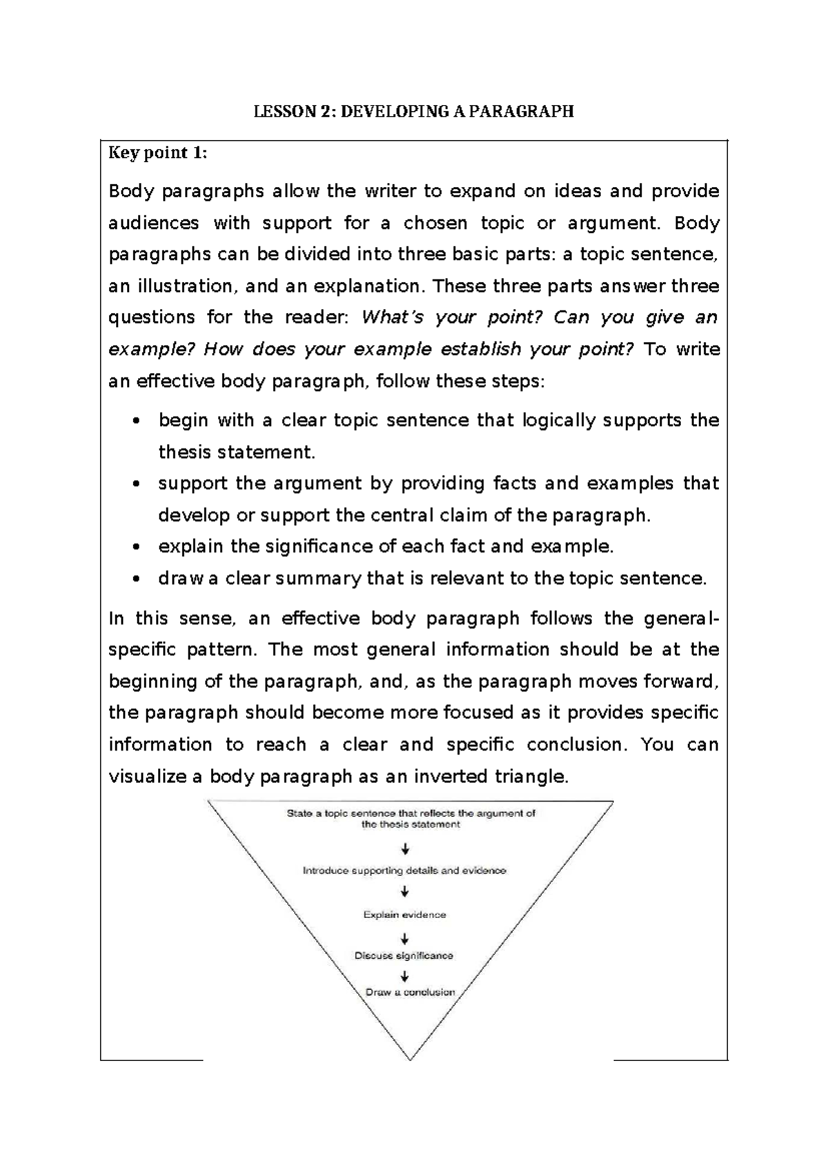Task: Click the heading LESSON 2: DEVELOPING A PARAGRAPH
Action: pyautogui.click(x=413, y=112)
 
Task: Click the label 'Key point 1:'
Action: pyautogui.click(x=157, y=153)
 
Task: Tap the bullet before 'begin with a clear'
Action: pyautogui.click(x=137, y=422)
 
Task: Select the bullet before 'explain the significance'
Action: pyautogui.click(x=137, y=548)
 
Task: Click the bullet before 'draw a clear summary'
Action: pyautogui.click(x=137, y=579)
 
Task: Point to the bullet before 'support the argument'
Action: pyautogui.click(x=137, y=484)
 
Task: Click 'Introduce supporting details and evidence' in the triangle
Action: pyautogui.click(x=404, y=871)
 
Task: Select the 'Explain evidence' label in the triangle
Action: pyautogui.click(x=404, y=915)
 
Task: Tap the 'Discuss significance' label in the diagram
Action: pyautogui.click(x=404, y=955)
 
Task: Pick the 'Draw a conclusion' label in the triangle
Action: pyautogui.click(x=410, y=992)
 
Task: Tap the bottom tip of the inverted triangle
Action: pyautogui.click(x=411, y=1058)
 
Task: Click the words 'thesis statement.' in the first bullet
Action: pyautogui.click(x=237, y=453)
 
